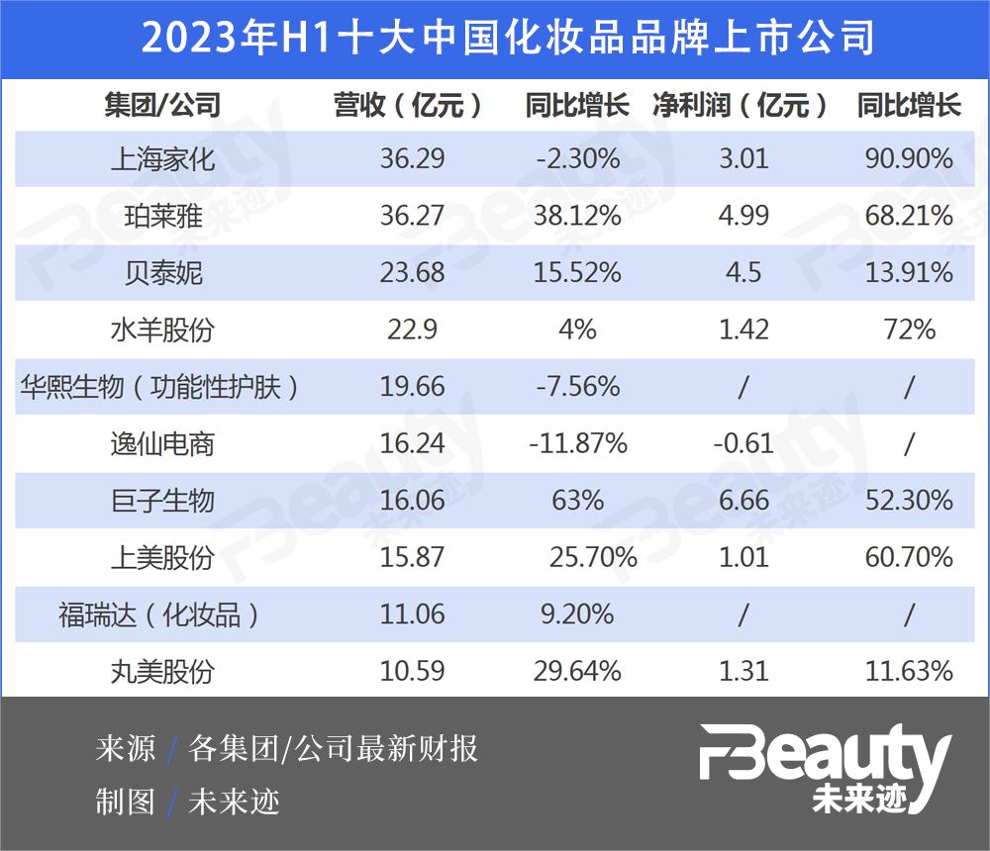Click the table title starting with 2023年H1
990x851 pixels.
pos(495,38)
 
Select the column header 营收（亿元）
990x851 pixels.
pos(412,106)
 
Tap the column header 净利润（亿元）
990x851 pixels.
pos(742,106)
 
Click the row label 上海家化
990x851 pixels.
pos(162,159)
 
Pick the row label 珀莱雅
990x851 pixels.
pos(162,216)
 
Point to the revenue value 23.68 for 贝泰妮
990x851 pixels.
pos(412,273)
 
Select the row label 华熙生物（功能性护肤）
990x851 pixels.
pos(162,387)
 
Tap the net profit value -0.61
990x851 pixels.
pos(743,443)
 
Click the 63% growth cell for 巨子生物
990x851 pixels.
pos(578,501)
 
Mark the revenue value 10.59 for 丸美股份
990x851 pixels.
pos(412,672)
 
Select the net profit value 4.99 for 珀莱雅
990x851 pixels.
pos(743,216)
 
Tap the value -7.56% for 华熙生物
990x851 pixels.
pos(578,387)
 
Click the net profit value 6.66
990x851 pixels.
pos(743,501)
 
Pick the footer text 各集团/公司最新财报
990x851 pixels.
pos(333,749)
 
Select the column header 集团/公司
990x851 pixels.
pos(162,106)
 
